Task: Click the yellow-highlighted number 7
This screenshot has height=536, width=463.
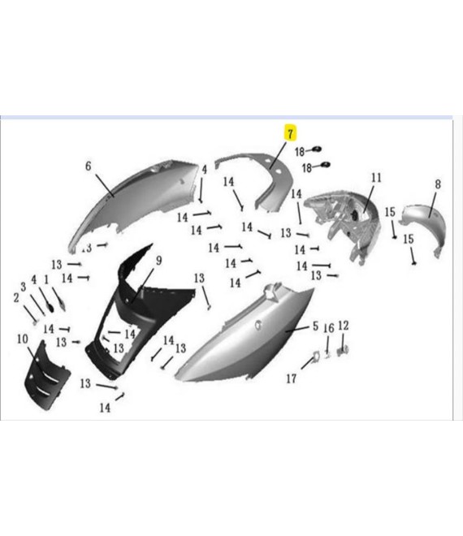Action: tap(290, 134)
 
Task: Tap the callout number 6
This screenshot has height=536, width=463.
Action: tap(89, 166)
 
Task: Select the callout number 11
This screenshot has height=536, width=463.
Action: tap(376, 178)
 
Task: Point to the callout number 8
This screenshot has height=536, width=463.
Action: tap(438, 184)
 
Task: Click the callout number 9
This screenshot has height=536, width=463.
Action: tap(158, 261)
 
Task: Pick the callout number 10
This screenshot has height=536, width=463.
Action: tap(23, 339)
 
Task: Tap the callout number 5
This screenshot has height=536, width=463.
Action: tap(315, 326)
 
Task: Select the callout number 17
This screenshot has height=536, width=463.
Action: tap(291, 378)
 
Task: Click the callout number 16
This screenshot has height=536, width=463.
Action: tap(329, 328)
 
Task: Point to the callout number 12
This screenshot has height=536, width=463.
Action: tap(344, 326)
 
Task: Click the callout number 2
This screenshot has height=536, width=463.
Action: tap(16, 298)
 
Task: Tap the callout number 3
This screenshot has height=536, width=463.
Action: tap(24, 287)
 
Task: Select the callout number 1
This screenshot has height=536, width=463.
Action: tap(46, 280)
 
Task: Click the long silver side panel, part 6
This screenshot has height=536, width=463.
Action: tap(136, 198)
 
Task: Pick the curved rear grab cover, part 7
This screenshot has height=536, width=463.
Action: tap(274, 178)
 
